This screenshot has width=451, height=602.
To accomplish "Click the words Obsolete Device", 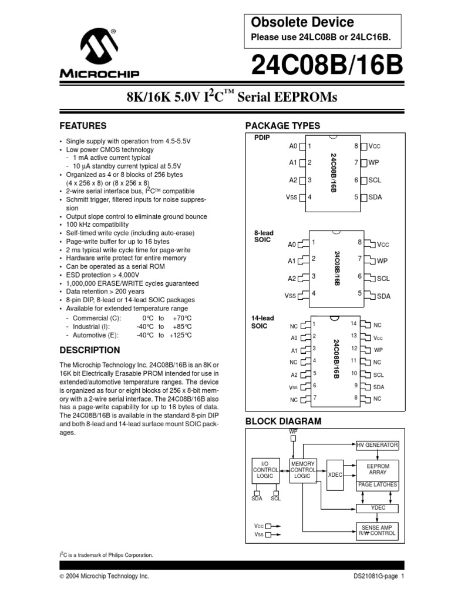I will (x=302, y=22).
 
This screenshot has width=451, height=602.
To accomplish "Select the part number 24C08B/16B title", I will (x=327, y=66).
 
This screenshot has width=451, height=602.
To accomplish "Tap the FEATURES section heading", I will (x=83, y=126).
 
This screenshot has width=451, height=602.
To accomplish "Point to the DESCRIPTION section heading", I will (x=90, y=350).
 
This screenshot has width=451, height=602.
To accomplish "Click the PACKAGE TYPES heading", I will (x=282, y=126).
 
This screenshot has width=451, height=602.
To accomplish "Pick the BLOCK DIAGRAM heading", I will (x=283, y=421).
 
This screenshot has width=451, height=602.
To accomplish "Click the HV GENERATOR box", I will (x=378, y=445).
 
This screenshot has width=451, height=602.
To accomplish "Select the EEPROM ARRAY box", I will (x=378, y=469).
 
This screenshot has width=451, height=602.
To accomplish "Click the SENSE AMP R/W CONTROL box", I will (x=378, y=530).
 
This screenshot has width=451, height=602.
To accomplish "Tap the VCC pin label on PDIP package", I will (x=375, y=146).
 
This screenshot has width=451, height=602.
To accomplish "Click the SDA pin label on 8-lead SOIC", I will (x=383, y=296).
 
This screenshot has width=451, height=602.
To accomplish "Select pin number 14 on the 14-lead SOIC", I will (x=354, y=323).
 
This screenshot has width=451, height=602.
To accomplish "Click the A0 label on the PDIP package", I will (x=294, y=146).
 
